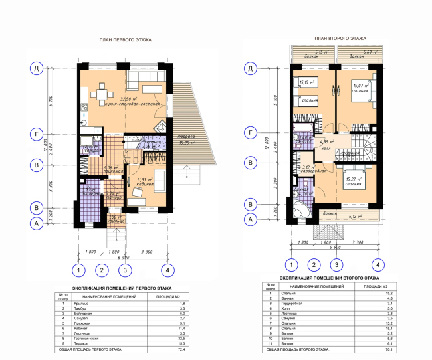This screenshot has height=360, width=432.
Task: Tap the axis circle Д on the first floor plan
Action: [x=38, y=68]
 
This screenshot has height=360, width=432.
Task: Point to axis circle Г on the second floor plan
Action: [x=251, y=134]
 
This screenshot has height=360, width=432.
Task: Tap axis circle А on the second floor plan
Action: [x=251, y=218]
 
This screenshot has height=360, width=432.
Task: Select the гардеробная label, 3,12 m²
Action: [x=310, y=170]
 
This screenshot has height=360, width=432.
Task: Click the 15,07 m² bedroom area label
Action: [x=362, y=86]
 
